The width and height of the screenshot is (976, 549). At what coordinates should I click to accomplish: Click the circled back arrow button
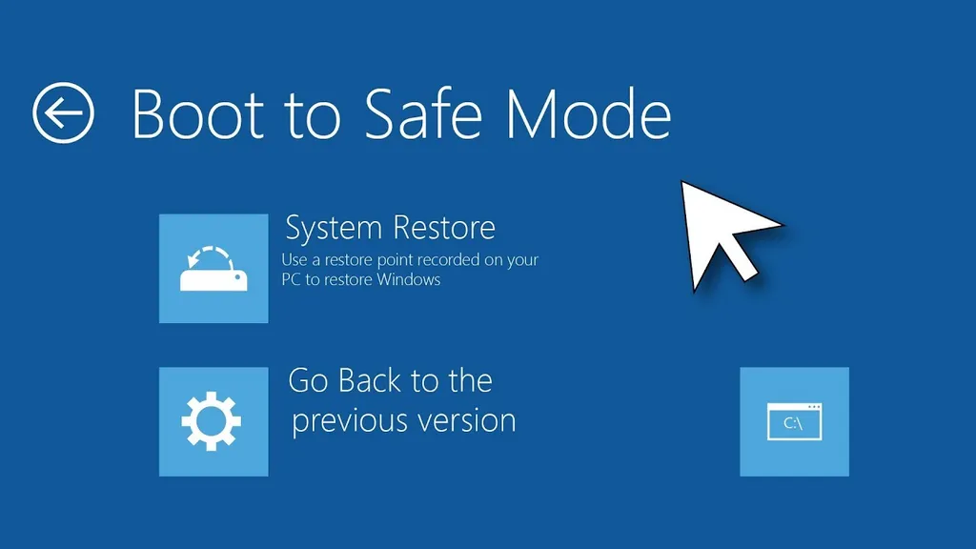click(x=64, y=113)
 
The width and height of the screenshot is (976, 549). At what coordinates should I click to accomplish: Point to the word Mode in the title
click(x=588, y=114)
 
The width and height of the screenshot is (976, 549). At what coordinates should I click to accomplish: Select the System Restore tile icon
click(x=213, y=269)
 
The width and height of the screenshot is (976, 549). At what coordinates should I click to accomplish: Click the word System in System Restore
click(x=334, y=229)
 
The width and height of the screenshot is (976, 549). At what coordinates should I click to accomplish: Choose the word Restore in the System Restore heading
click(x=442, y=229)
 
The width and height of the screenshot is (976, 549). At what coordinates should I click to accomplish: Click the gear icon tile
click(x=213, y=421)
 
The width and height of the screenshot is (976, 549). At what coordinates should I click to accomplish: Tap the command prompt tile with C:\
click(x=794, y=421)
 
